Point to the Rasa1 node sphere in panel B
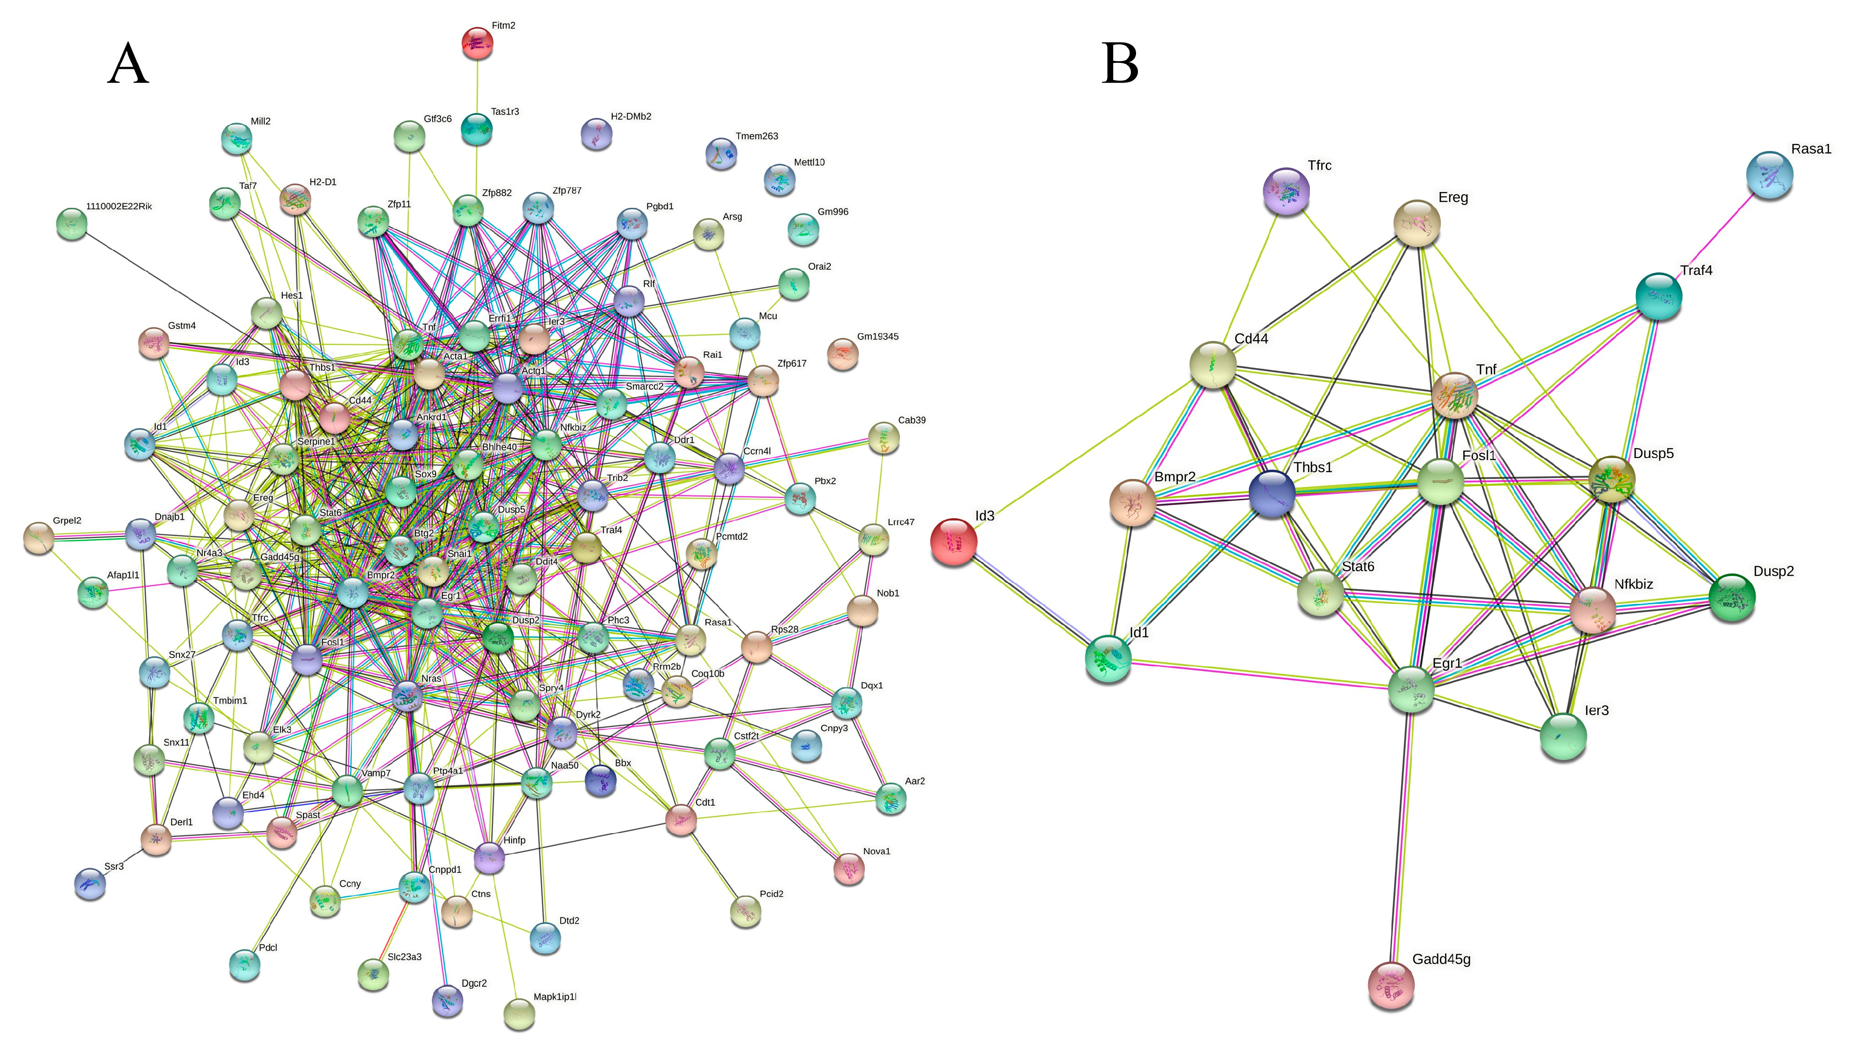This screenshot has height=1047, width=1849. pyautogui.click(x=1769, y=175)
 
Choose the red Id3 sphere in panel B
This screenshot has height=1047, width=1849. pyautogui.click(x=953, y=541)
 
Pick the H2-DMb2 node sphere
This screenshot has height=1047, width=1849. pyautogui.click(x=596, y=134)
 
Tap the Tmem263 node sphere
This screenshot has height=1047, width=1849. pyautogui.click(x=721, y=153)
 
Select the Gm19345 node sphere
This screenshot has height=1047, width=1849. pyautogui.click(x=842, y=354)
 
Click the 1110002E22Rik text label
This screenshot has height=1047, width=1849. pyautogui.click(x=119, y=206)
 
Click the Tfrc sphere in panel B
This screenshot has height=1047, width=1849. pyautogui.click(x=1286, y=192)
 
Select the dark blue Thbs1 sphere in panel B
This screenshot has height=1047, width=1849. pyautogui.click(x=1271, y=494)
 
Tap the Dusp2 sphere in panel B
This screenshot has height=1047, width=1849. pyautogui.click(x=1732, y=597)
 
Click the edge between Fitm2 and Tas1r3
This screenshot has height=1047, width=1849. pyautogui.click(x=477, y=86)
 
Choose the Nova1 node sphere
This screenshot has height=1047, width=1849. pyautogui.click(x=849, y=868)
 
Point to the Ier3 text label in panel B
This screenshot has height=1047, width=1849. pyautogui.click(x=1596, y=711)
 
